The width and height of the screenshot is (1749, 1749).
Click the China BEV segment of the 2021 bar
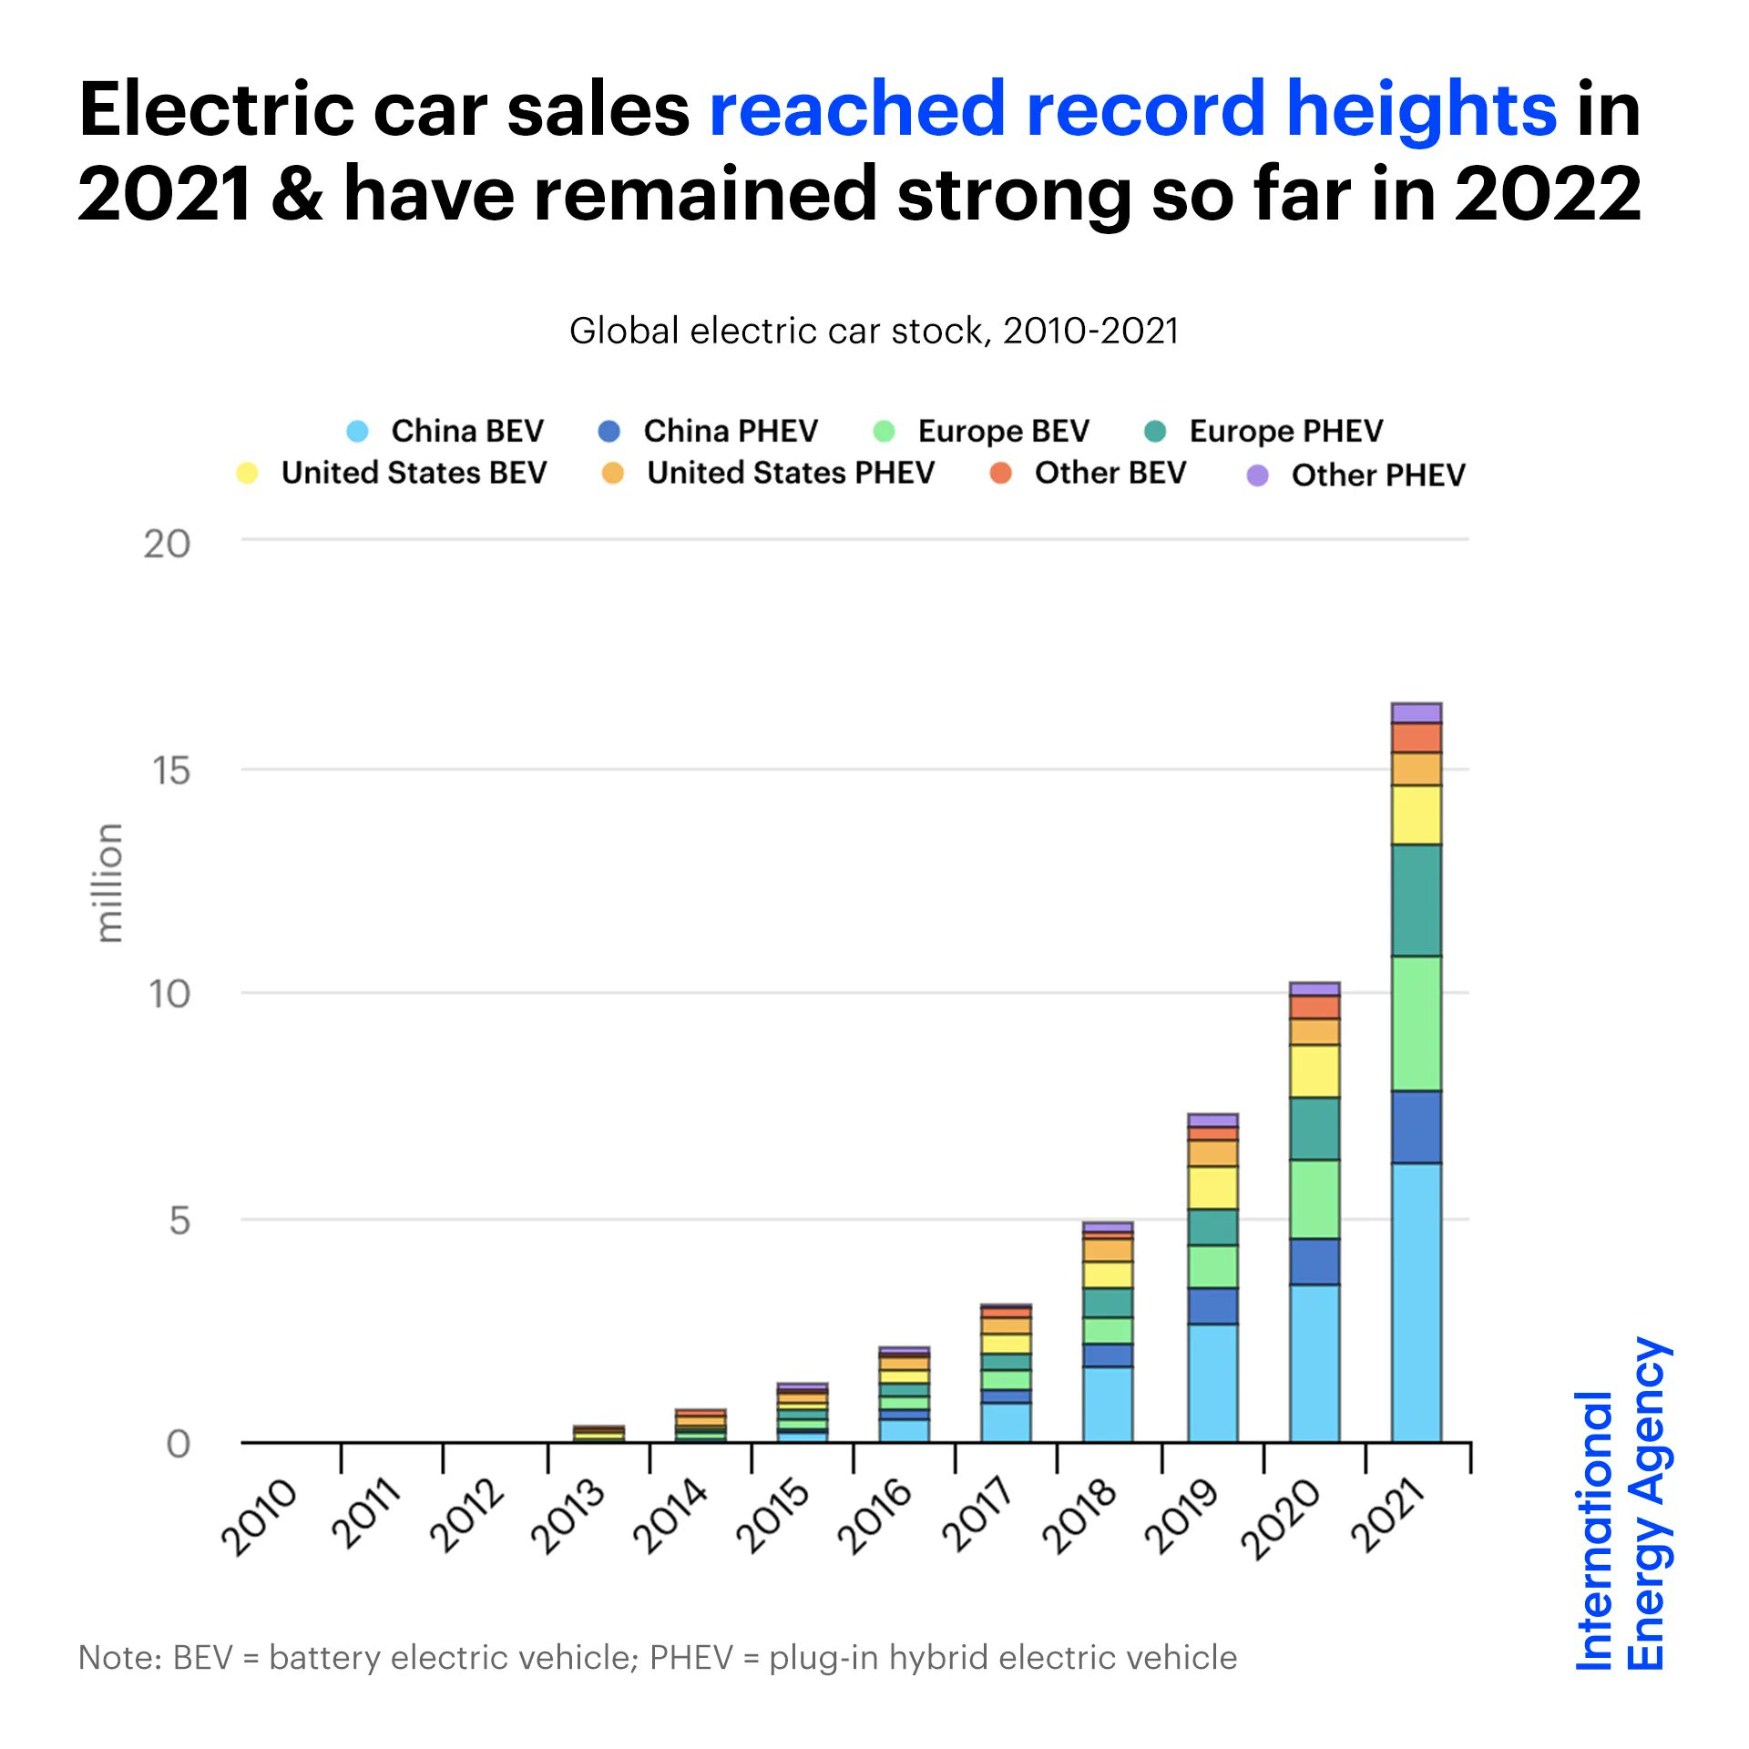click(x=1416, y=1303)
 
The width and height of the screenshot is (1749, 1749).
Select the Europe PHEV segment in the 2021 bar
click(x=1416, y=900)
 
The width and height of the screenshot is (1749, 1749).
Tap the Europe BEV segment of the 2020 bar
click(x=1314, y=1199)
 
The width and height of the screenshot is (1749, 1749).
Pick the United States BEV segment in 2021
click(x=1416, y=814)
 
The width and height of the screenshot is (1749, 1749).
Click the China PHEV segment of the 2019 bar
click(x=1212, y=1305)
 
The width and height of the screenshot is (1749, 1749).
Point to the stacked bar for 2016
click(x=904, y=1394)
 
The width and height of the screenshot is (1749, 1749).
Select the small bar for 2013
click(x=598, y=1434)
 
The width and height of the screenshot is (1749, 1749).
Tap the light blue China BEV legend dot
click(x=358, y=431)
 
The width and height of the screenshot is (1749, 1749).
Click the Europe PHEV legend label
click(x=1285, y=431)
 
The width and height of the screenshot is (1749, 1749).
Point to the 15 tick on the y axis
click(x=171, y=771)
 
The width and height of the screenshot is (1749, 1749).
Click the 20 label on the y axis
click(x=167, y=544)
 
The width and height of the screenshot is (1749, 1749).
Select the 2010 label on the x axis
click(x=260, y=1517)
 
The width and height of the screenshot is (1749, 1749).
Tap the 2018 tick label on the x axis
click(x=1079, y=1517)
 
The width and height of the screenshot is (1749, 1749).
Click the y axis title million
click(x=108, y=882)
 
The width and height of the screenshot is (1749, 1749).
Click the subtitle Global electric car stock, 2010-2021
click(x=874, y=331)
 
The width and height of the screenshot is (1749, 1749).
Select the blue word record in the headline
click(x=1145, y=109)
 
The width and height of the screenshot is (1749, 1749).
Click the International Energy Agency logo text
click(x=1621, y=1503)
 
